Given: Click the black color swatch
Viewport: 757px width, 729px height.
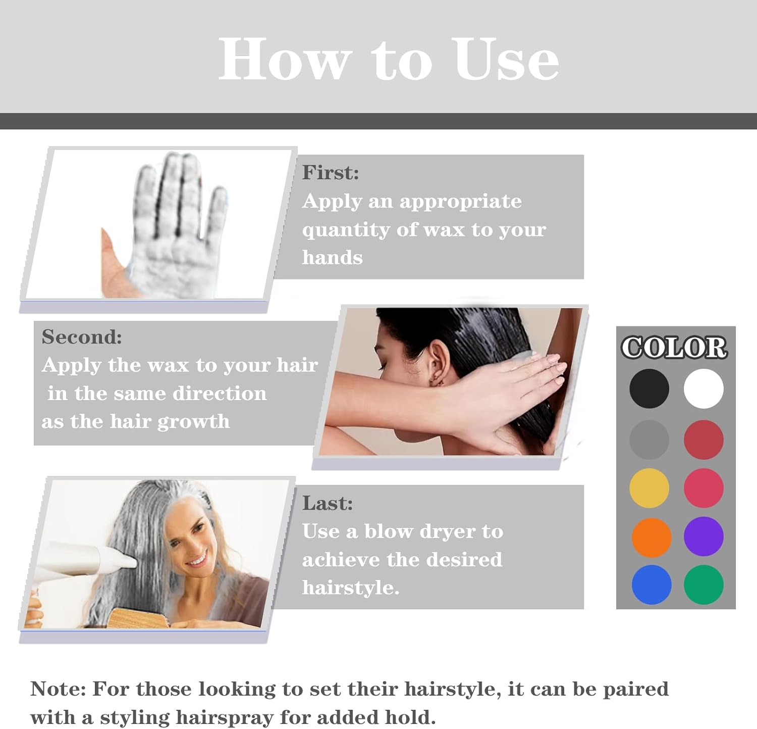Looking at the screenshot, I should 649,388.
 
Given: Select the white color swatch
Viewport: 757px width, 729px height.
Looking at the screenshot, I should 704,388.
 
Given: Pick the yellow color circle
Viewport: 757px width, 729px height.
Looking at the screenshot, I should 649,488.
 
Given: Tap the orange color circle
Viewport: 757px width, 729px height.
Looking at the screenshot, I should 651,537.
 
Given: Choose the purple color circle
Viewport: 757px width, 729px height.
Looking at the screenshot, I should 704,537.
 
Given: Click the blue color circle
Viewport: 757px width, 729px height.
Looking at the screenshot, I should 651,585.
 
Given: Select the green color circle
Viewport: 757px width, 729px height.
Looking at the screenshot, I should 704,585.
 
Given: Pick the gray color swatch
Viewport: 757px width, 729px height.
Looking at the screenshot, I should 649,440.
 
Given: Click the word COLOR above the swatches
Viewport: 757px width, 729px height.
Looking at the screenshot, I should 674,348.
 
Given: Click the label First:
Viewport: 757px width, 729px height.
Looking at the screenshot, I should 331,173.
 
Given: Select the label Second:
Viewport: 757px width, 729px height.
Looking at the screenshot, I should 82,337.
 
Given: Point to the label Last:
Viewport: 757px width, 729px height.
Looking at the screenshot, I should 327,503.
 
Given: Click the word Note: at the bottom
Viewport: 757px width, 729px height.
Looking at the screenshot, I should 58,689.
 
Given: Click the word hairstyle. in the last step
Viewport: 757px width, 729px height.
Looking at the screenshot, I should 350,588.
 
